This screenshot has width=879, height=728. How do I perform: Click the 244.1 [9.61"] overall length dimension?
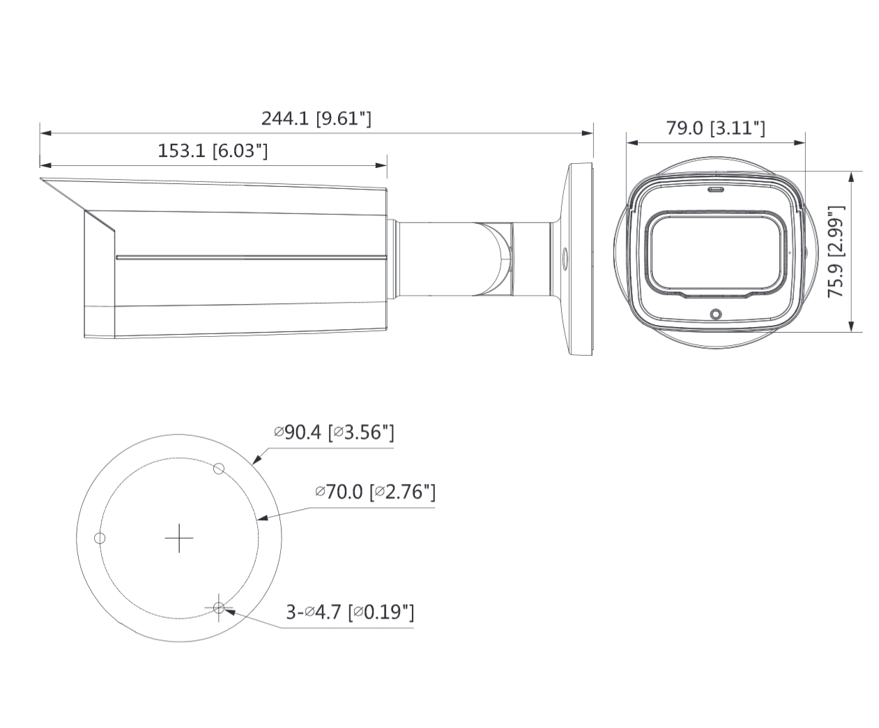click(x=316, y=119)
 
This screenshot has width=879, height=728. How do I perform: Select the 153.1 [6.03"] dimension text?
click(x=213, y=151)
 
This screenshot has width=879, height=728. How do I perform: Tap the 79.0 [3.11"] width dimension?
click(x=715, y=128)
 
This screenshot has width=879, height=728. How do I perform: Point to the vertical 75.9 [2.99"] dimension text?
click(x=836, y=252)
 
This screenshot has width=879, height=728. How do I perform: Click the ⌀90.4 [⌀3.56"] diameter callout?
click(x=335, y=433)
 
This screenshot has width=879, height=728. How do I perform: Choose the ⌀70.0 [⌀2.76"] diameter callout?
click(x=375, y=492)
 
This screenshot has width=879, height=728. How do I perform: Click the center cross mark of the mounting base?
click(x=179, y=538)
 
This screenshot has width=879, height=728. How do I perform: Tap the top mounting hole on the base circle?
click(x=218, y=469)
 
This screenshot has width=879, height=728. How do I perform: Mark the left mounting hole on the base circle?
click(x=100, y=538)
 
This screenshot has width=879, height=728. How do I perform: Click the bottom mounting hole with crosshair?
click(x=219, y=608)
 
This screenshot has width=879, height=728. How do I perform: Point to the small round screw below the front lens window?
click(x=714, y=314)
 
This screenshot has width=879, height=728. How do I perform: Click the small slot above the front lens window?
click(x=715, y=189)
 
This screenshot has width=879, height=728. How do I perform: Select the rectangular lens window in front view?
click(x=715, y=252)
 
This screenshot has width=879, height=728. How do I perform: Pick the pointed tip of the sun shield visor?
click(x=42, y=180)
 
